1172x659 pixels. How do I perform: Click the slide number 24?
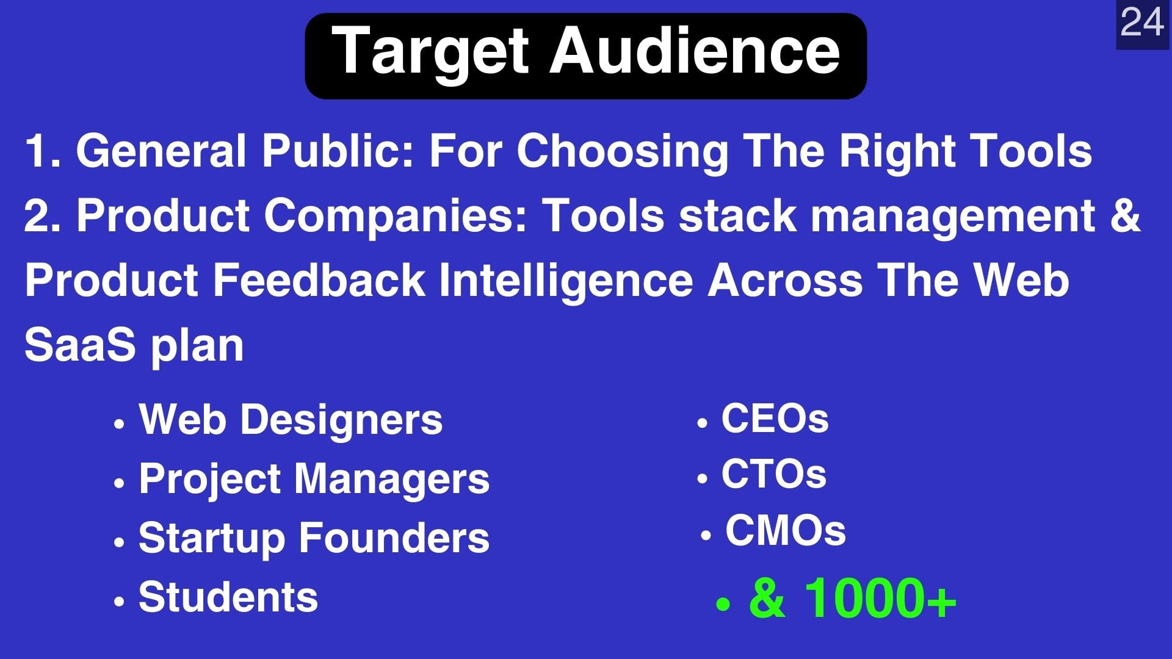tap(1142, 23)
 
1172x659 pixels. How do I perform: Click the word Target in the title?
tap(430, 52)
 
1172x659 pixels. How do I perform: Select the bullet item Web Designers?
tap(291, 420)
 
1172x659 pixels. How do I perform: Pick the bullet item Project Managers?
tap(314, 479)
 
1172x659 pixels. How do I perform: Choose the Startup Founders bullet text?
tap(314, 538)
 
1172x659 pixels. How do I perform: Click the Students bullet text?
tap(228, 597)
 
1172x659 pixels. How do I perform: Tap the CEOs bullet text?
tap(775, 419)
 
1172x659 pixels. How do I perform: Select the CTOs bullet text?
tap(773, 474)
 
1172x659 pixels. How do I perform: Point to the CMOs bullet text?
tap(785, 530)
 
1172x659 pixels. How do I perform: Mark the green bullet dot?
tap(723, 604)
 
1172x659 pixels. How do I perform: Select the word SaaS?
tap(79, 345)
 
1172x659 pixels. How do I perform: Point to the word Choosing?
tap(623, 152)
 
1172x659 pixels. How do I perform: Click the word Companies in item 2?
tap(395, 217)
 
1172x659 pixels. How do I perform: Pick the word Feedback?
tap(318, 280)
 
